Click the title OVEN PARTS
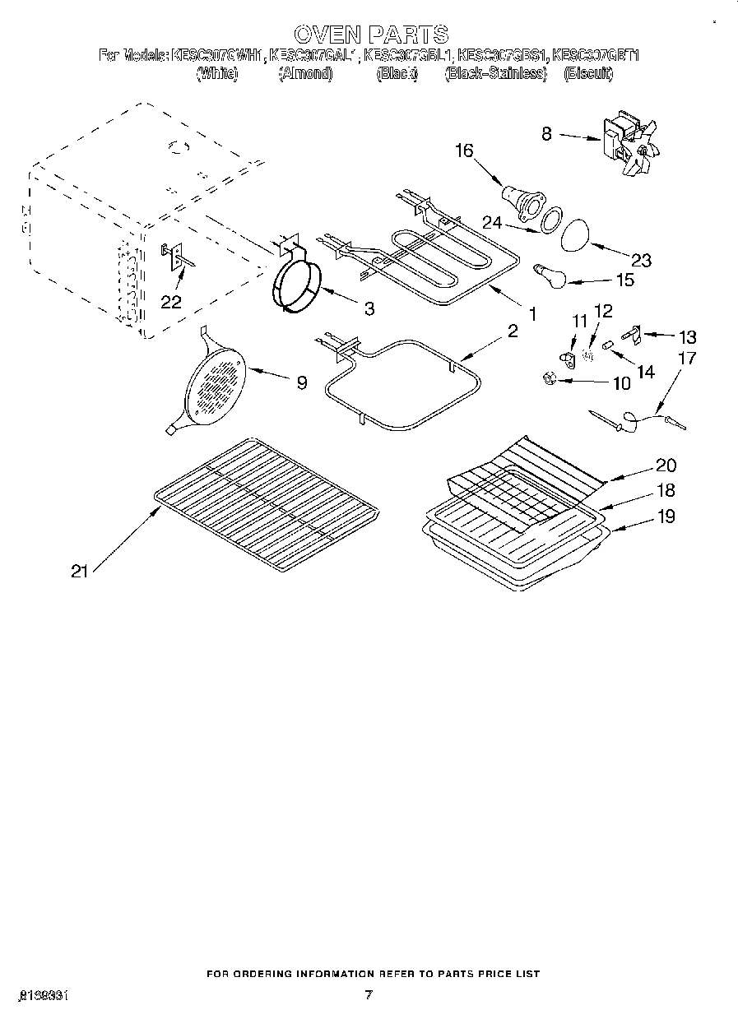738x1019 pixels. pyautogui.click(x=370, y=34)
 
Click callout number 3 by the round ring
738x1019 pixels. pyautogui.click(x=369, y=308)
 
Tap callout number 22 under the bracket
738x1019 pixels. pyautogui.click(x=170, y=302)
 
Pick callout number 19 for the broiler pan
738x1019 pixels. pyautogui.click(x=666, y=516)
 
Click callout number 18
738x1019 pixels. pyautogui.click(x=666, y=490)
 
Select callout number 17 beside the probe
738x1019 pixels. pyautogui.click(x=686, y=359)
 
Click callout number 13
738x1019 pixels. pyautogui.click(x=686, y=336)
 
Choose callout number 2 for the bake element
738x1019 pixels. pyautogui.click(x=512, y=331)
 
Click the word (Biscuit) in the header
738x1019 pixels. pyautogui.click(x=588, y=74)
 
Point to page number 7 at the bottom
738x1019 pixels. pyautogui.click(x=369, y=995)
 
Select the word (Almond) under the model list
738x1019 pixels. pyautogui.click(x=305, y=74)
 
